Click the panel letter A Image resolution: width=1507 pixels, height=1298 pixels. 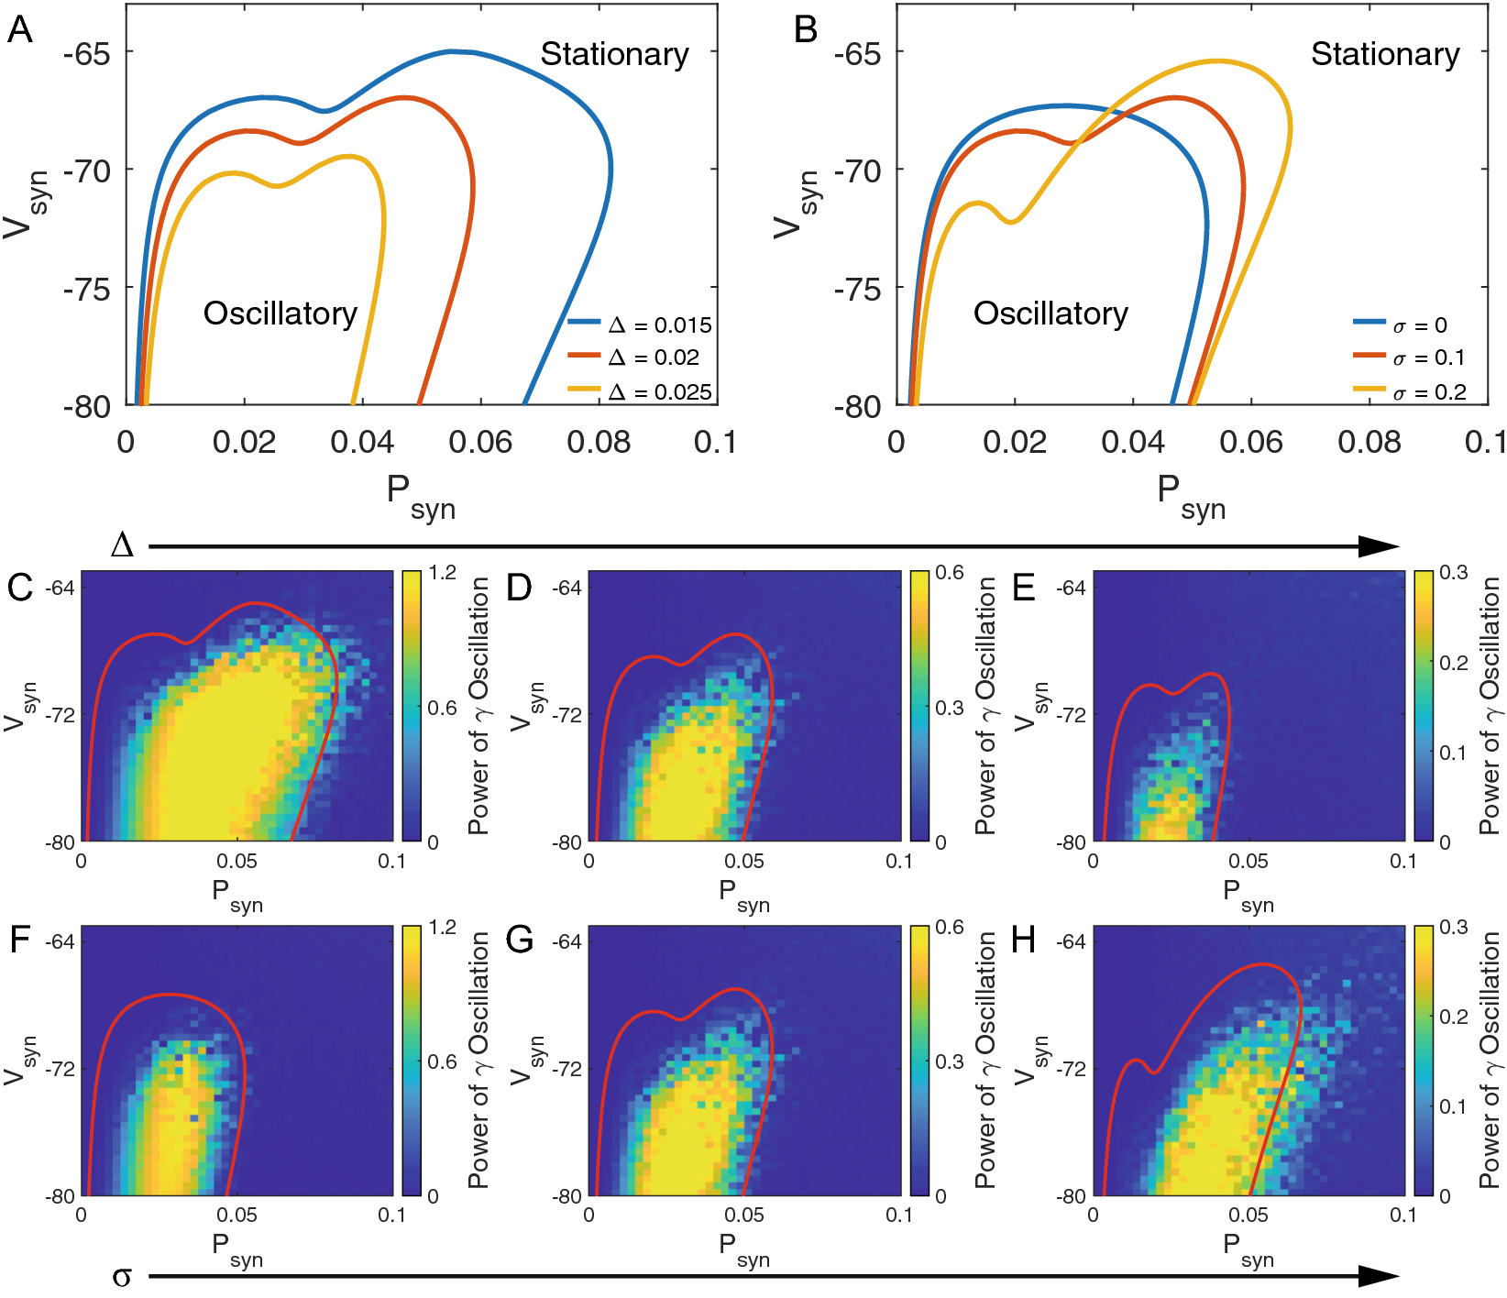(19, 30)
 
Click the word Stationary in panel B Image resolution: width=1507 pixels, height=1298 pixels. (1384, 54)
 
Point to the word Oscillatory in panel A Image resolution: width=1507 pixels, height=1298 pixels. (280, 313)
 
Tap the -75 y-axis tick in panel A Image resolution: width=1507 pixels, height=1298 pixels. (87, 289)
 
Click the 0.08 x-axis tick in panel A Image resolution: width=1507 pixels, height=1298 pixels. (598, 443)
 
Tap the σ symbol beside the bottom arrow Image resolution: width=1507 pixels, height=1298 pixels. (122, 1276)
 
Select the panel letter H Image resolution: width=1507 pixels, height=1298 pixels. (1025, 940)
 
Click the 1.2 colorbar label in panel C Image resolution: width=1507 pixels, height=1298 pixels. (442, 573)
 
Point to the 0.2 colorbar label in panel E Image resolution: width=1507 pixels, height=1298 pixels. (1454, 663)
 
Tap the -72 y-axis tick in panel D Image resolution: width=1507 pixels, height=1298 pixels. (567, 715)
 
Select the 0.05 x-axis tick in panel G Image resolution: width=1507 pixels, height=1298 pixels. (743, 1215)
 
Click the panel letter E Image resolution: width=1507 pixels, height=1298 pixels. (1024, 587)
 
